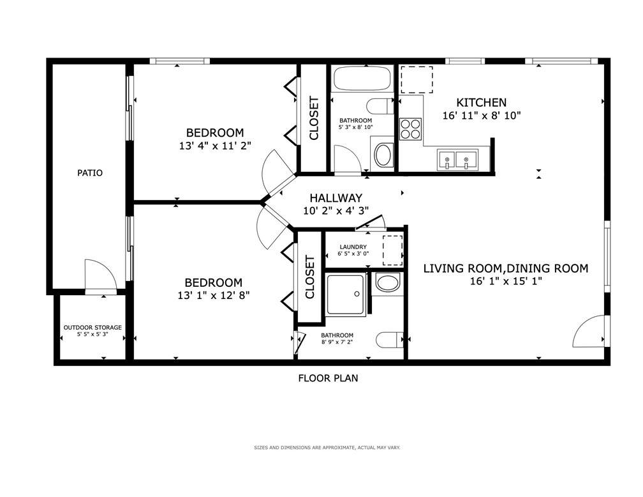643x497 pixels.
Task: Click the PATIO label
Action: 90,173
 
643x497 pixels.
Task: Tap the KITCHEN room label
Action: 482,102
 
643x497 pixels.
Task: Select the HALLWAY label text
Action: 336,198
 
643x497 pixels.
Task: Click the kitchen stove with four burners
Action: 411,129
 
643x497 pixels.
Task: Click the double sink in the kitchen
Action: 457,160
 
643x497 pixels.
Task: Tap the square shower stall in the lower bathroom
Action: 345,294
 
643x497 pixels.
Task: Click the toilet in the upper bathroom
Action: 380,107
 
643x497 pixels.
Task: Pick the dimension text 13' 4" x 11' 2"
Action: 215,146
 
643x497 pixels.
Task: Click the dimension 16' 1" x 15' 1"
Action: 506,281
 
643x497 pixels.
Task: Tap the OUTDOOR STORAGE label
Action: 92,327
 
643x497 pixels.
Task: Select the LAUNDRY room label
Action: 353,247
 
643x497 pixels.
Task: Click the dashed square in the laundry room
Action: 392,250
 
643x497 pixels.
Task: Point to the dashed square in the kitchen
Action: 417,79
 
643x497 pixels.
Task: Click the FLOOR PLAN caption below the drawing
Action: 328,378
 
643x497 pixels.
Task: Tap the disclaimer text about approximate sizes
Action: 327,447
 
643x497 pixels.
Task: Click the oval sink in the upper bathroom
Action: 384,155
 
